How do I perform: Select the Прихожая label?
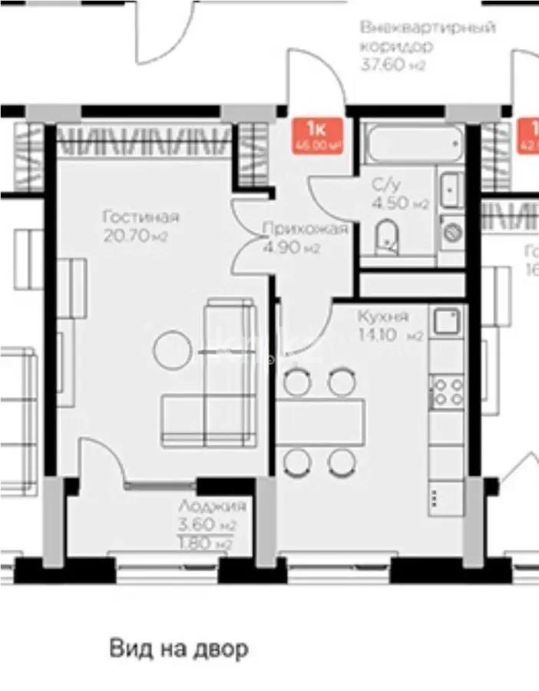click(x=305, y=229)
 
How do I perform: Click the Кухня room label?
click(x=382, y=316)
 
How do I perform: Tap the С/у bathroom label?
click(x=386, y=185)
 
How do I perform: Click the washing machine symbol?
click(x=451, y=230)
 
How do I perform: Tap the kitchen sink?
click(x=446, y=321)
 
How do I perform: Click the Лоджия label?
click(x=212, y=507)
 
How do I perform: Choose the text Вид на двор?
click(x=178, y=649)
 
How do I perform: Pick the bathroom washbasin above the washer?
click(x=450, y=187)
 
